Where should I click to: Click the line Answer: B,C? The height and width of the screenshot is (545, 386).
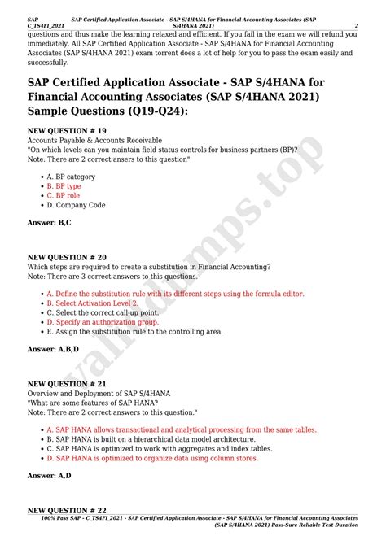49,223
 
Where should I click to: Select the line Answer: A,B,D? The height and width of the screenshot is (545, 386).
54,349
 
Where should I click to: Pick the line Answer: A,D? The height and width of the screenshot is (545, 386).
49,475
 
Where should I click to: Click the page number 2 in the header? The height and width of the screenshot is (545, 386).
356,25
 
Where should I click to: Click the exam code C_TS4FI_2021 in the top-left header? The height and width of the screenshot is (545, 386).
46,26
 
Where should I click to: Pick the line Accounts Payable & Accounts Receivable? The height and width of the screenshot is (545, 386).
94,140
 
